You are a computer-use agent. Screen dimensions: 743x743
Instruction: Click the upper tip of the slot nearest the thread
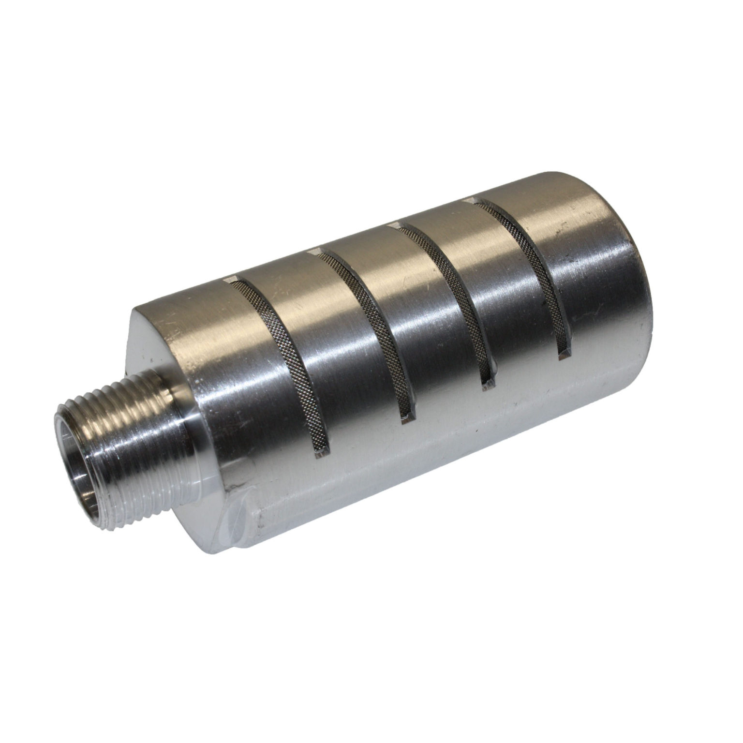click(x=231, y=280)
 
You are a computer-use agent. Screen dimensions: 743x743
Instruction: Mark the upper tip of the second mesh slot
click(x=315, y=251)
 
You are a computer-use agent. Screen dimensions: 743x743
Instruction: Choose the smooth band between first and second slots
click(x=329, y=348)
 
